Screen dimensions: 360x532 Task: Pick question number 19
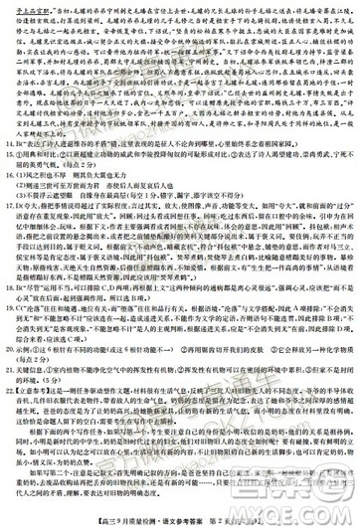pos(15,335)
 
